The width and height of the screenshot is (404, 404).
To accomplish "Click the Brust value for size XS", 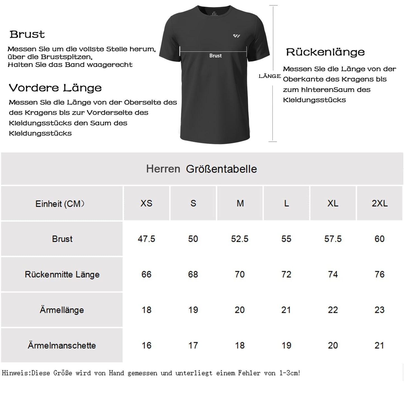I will (x=146, y=239).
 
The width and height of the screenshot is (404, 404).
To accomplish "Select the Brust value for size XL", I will (x=333, y=239).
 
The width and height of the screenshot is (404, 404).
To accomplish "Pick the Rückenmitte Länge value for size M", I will (x=240, y=274).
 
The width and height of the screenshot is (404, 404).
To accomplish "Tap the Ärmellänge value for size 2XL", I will (x=379, y=310).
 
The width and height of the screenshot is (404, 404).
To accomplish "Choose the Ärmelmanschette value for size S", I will (x=193, y=345).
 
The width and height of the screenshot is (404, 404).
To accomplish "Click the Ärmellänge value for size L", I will (x=286, y=310).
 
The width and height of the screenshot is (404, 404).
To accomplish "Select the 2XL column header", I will (x=379, y=203).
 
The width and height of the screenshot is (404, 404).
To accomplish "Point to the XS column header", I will (x=146, y=203).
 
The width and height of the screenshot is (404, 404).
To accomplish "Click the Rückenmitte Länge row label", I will (x=62, y=274).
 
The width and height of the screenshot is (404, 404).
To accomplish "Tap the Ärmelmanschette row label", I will (x=62, y=345).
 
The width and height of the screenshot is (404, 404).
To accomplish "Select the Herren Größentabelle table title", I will (x=201, y=169).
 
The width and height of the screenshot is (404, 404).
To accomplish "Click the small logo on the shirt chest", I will (x=237, y=36).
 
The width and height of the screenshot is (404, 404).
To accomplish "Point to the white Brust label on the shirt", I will (x=215, y=56).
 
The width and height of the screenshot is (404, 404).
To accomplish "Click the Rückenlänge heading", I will (x=325, y=52).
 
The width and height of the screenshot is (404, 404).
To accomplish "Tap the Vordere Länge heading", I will (x=55, y=88).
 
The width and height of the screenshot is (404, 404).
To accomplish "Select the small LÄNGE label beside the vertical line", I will (x=270, y=76).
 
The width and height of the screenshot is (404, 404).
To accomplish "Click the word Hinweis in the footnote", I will (x=16, y=373).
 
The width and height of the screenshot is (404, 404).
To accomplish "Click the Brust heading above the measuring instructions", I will (x=27, y=34).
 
